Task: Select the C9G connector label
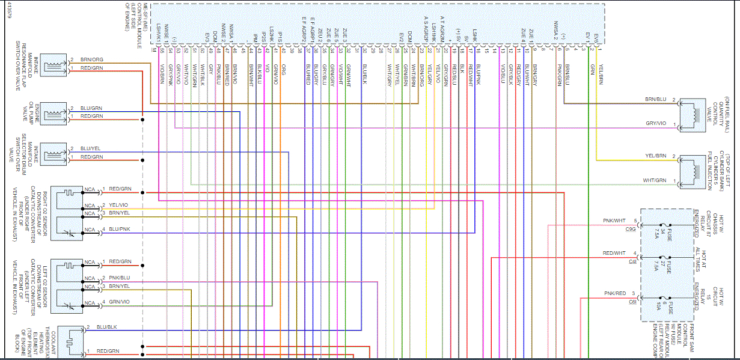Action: coord(630,229)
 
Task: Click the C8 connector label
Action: coord(632,302)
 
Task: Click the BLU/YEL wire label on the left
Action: coord(91,148)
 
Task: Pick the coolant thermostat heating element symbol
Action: coord(71,340)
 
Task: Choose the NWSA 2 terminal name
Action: coord(557,29)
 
